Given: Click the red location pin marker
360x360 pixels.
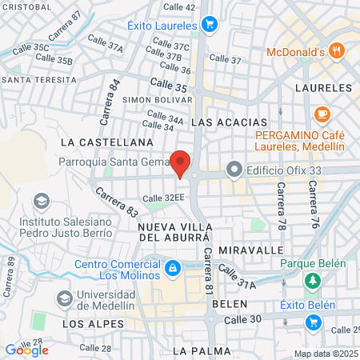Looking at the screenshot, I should coord(181,162).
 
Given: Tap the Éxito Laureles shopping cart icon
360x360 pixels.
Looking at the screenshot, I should coord(210,25).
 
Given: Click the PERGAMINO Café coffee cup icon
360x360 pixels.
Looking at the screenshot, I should coord(323,114).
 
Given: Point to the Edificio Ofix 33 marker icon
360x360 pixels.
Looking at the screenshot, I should coord(234,169).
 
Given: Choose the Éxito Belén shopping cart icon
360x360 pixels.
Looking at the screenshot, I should coord(313,322).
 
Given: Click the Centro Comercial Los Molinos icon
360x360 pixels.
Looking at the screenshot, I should coord(172,266).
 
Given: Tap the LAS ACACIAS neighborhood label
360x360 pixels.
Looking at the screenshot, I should coord(230,122).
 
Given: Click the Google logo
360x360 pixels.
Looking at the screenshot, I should coord(27,350).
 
